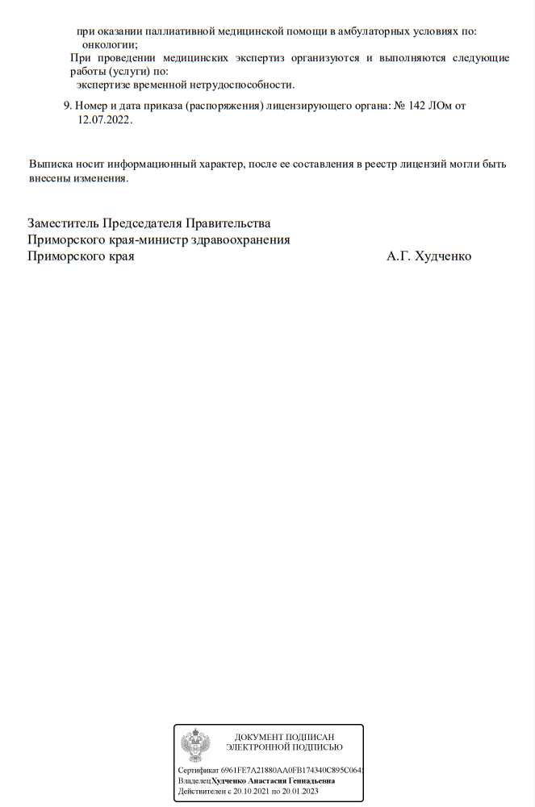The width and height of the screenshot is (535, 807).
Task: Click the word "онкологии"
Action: point(110,44)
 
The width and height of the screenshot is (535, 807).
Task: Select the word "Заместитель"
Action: point(63,223)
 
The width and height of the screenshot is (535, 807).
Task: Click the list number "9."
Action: point(68,106)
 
